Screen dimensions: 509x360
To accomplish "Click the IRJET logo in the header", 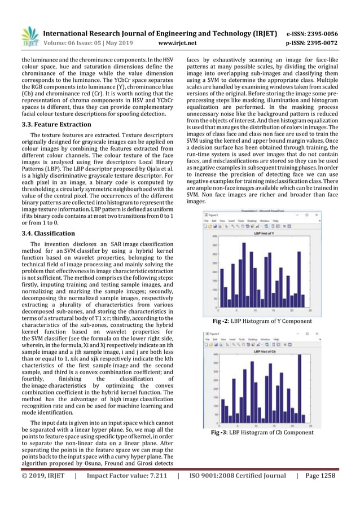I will click(x=29, y=37).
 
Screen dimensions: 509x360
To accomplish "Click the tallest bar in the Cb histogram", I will click(x=300, y=389).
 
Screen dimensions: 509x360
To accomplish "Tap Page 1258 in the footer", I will click(x=319, y=475).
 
